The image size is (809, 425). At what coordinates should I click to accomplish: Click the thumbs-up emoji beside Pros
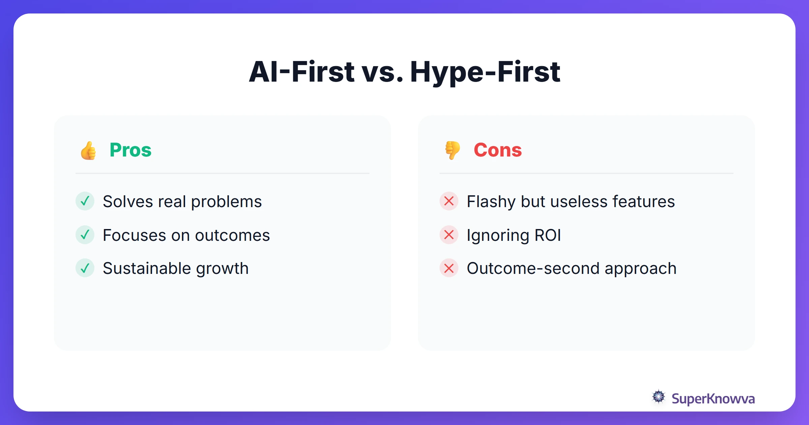(88, 150)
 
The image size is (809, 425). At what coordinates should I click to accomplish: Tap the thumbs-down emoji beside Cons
(452, 150)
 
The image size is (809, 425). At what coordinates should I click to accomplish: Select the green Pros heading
(130, 150)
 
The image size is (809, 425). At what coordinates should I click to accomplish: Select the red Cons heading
(498, 150)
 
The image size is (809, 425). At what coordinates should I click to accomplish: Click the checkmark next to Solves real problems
(85, 201)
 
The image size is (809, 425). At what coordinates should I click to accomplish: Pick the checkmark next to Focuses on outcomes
(85, 235)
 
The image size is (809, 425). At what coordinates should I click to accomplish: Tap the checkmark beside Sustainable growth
(85, 268)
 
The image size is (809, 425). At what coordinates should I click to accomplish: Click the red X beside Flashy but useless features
(449, 201)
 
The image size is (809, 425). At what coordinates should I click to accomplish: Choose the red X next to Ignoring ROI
(449, 235)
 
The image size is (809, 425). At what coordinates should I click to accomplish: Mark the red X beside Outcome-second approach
(449, 268)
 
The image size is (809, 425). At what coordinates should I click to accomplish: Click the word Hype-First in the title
(485, 72)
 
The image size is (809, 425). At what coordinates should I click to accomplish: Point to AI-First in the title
(301, 72)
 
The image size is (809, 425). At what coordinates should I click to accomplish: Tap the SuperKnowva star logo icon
(659, 397)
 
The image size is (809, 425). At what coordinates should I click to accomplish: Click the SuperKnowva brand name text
(713, 399)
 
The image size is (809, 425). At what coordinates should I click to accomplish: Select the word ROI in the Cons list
(548, 235)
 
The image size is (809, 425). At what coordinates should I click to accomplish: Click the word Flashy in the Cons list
(491, 202)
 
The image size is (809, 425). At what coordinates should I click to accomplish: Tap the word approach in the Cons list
(640, 269)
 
